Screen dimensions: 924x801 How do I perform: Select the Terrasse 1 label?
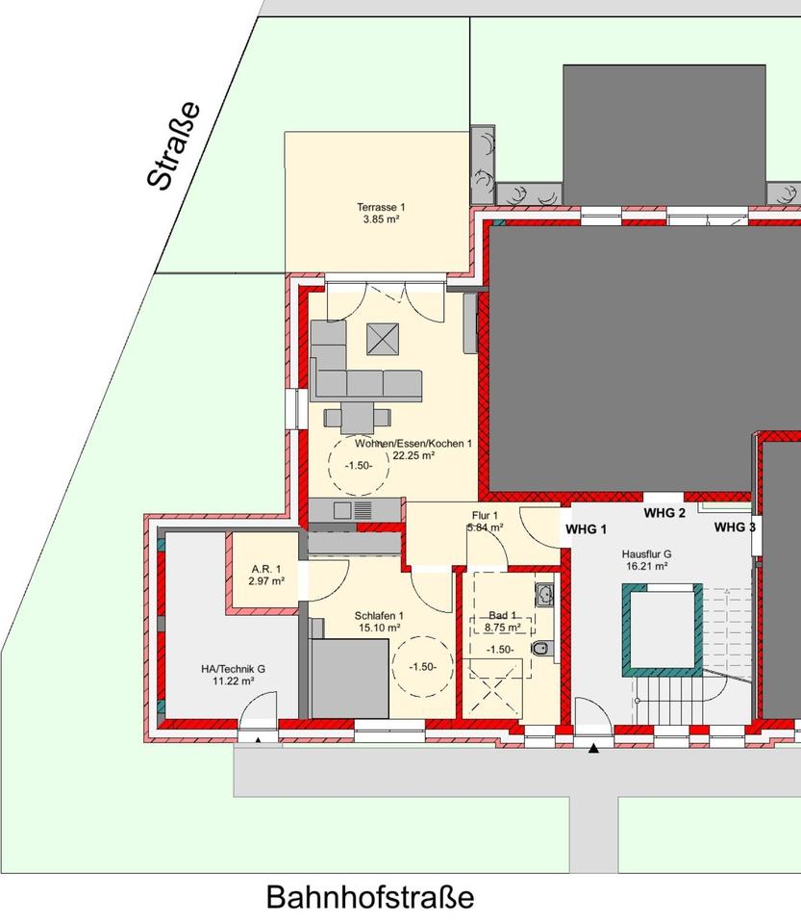382,207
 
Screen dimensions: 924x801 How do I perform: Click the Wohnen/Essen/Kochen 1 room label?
414,444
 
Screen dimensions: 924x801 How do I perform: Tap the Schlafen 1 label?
380,616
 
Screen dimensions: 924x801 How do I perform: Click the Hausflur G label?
646,554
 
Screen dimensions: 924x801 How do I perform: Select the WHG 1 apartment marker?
587,529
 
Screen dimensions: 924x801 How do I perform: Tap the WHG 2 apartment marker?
664,513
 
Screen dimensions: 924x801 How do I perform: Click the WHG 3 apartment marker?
734,527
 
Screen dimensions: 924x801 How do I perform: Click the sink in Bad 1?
544,595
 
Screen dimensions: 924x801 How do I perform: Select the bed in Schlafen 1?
349,680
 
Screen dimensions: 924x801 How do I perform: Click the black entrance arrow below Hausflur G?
593,748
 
